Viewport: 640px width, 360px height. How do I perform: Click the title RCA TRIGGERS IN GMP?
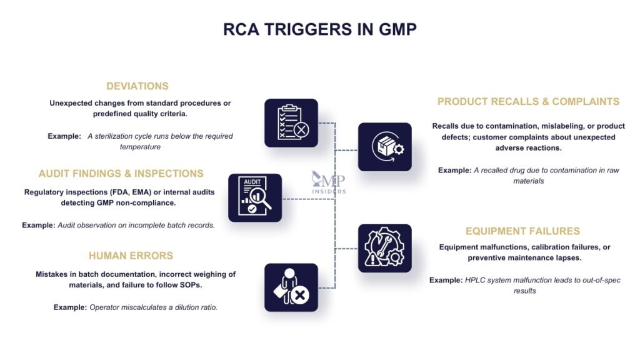(x=319, y=29)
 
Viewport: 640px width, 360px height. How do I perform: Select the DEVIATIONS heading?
(x=137, y=86)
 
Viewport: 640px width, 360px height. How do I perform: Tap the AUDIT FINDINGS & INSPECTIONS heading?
(x=121, y=174)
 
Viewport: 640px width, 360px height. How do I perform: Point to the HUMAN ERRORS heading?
(x=131, y=256)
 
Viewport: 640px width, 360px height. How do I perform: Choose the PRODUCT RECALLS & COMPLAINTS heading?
(x=528, y=101)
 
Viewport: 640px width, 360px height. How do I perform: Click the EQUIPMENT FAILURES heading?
(x=522, y=231)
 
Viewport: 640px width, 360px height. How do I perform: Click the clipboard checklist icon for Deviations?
(x=291, y=122)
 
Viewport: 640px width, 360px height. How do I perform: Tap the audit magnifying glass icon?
(x=254, y=197)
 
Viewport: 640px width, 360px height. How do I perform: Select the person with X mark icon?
(x=291, y=287)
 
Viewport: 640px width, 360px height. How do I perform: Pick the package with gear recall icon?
(x=384, y=147)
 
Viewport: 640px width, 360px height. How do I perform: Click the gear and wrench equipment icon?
(x=384, y=248)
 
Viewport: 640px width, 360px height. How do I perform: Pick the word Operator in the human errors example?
(x=105, y=307)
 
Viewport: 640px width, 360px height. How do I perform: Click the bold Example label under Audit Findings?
(x=38, y=224)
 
